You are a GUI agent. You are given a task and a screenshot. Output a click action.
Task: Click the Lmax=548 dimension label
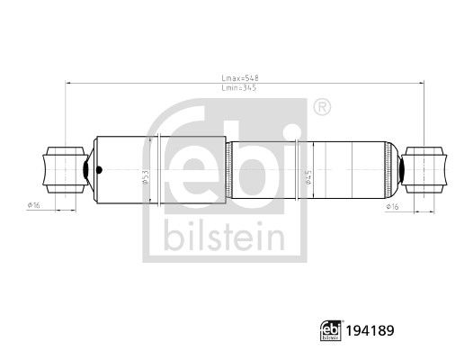tap(240, 78)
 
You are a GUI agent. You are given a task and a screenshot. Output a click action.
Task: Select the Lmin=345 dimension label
tap(239, 88)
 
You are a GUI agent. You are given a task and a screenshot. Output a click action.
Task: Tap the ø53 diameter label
tap(145, 177)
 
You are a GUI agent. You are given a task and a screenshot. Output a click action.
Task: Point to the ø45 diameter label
tap(308, 177)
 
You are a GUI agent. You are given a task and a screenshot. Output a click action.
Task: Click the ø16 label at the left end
tap(33, 205)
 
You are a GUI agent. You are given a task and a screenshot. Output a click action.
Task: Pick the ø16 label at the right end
tap(392, 207)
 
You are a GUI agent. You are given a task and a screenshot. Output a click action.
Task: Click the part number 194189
tap(370, 330)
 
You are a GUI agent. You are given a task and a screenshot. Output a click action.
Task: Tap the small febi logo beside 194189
tap(331, 330)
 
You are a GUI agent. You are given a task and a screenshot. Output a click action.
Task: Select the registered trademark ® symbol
tap(322, 107)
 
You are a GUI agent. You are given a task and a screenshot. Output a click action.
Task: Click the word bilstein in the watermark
tap(224, 236)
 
